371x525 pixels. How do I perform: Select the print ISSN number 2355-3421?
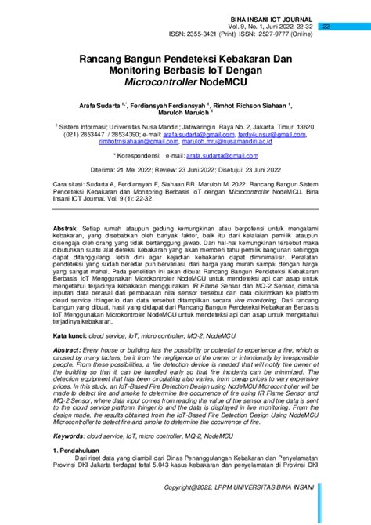click(x=199, y=34)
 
